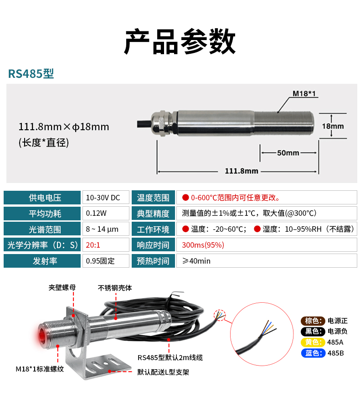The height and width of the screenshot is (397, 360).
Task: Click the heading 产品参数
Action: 180,41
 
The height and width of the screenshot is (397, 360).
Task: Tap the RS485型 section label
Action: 31,74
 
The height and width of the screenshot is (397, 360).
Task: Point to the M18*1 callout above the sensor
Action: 304,94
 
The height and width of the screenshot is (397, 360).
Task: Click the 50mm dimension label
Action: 288,153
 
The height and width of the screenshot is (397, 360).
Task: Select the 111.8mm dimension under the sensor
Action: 242,171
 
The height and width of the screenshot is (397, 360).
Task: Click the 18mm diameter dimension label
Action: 333,126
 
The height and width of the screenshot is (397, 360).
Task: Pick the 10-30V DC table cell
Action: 106,198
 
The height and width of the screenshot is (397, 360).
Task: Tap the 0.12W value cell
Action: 106,213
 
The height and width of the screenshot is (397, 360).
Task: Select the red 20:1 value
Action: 93,245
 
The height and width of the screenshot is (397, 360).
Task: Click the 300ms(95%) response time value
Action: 203,245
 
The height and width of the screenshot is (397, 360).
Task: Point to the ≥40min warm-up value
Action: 196,261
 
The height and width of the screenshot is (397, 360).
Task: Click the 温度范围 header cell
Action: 153,198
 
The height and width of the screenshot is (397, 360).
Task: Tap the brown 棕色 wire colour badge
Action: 313,321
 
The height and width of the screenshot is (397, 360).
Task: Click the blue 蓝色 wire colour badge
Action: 313,353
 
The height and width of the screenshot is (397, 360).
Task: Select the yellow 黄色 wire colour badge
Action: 313,342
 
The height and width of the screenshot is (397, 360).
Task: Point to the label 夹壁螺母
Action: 62,288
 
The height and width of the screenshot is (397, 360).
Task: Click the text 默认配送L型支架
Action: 163,372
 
